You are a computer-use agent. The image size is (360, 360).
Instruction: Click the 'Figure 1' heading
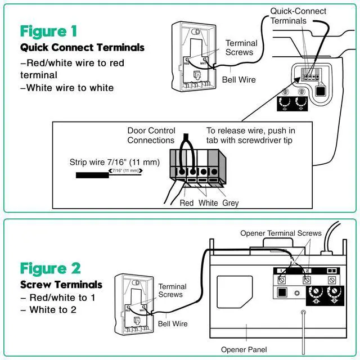(x=48, y=31)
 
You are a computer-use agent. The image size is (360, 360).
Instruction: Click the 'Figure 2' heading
(x=50, y=268)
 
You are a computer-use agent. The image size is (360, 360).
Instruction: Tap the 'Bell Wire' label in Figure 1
(x=238, y=80)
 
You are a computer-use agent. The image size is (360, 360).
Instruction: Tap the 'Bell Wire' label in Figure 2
(x=173, y=324)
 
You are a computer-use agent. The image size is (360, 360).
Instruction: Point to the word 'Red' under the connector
(x=187, y=203)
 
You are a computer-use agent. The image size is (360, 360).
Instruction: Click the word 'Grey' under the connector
(x=231, y=203)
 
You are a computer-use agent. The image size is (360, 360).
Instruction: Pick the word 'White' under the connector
(x=209, y=203)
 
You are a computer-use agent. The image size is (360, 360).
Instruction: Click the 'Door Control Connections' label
(x=151, y=136)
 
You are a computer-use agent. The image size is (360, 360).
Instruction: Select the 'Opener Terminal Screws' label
(x=281, y=233)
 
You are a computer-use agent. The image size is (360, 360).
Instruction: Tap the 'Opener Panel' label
(x=244, y=350)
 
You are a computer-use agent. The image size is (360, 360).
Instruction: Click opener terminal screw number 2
(x=307, y=279)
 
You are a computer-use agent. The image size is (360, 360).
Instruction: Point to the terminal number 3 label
(x=331, y=271)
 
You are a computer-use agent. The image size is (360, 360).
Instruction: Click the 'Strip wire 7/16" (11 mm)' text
(x=115, y=163)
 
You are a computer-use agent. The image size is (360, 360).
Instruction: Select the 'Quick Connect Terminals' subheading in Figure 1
(x=82, y=48)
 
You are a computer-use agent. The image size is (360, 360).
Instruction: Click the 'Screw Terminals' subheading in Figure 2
(x=61, y=285)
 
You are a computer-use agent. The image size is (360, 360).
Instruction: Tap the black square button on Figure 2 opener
(x=281, y=292)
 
